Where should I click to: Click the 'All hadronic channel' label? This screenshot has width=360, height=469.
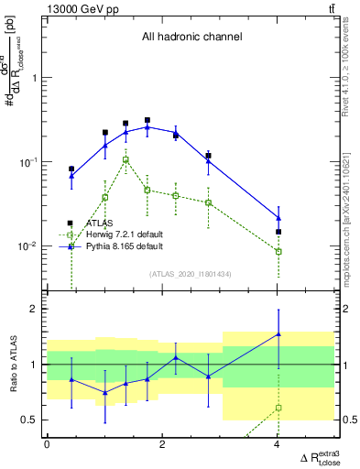pos(191,38)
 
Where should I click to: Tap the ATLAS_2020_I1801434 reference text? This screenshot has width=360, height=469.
pos(191,274)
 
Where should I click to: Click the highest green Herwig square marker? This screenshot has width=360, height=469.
pos(125,159)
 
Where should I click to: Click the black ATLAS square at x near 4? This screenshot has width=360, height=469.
pos(278,232)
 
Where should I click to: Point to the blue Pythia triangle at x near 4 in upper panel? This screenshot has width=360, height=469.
pos(278,218)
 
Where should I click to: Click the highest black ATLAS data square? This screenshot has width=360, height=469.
pos(147,120)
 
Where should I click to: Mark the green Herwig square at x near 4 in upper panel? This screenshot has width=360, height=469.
pos(278,251)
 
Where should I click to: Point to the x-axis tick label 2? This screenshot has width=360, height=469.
pos(162,444)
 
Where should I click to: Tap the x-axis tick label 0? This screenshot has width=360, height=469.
pos(47,444)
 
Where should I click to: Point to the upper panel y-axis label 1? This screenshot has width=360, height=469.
pos(35,78)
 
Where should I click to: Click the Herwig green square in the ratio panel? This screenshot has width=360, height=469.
pos(278,408)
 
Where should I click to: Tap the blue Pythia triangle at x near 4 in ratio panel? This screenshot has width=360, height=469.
pos(278,334)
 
